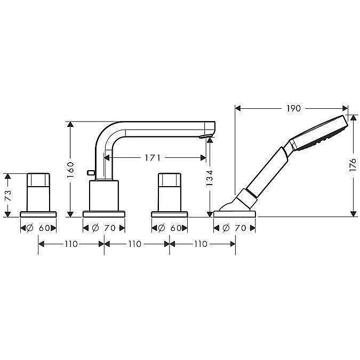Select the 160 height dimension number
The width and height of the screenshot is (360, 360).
pyautogui.click(x=70, y=169)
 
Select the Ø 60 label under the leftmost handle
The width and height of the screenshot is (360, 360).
pyautogui.click(x=38, y=228)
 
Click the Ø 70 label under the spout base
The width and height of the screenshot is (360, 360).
pyautogui.click(x=104, y=228)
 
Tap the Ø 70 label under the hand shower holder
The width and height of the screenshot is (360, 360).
pyautogui.click(x=235, y=228)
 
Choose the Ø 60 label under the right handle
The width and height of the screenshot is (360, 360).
pyautogui.click(x=170, y=228)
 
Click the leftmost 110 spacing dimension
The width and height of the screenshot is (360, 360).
pyautogui.click(x=71, y=244)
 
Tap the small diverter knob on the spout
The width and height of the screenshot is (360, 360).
pyautogui.click(x=91, y=172)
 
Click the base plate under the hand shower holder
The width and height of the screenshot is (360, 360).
pyautogui.click(x=235, y=214)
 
